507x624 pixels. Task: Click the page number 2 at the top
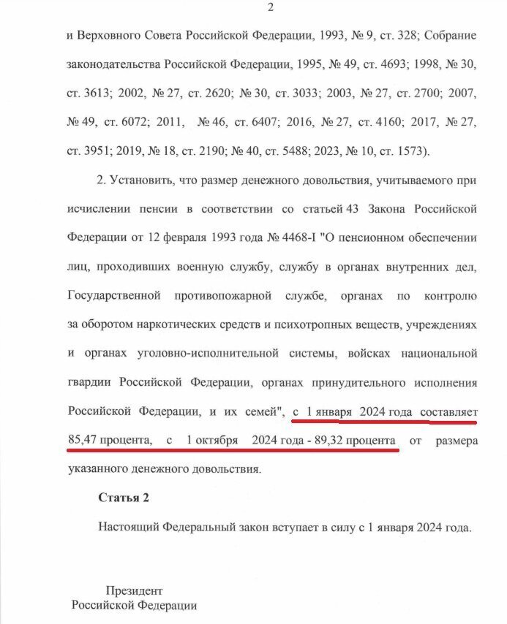(271, 8)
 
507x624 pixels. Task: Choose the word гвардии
(87, 383)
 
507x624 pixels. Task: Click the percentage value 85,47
(83, 441)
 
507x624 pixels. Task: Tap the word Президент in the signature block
(134, 590)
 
